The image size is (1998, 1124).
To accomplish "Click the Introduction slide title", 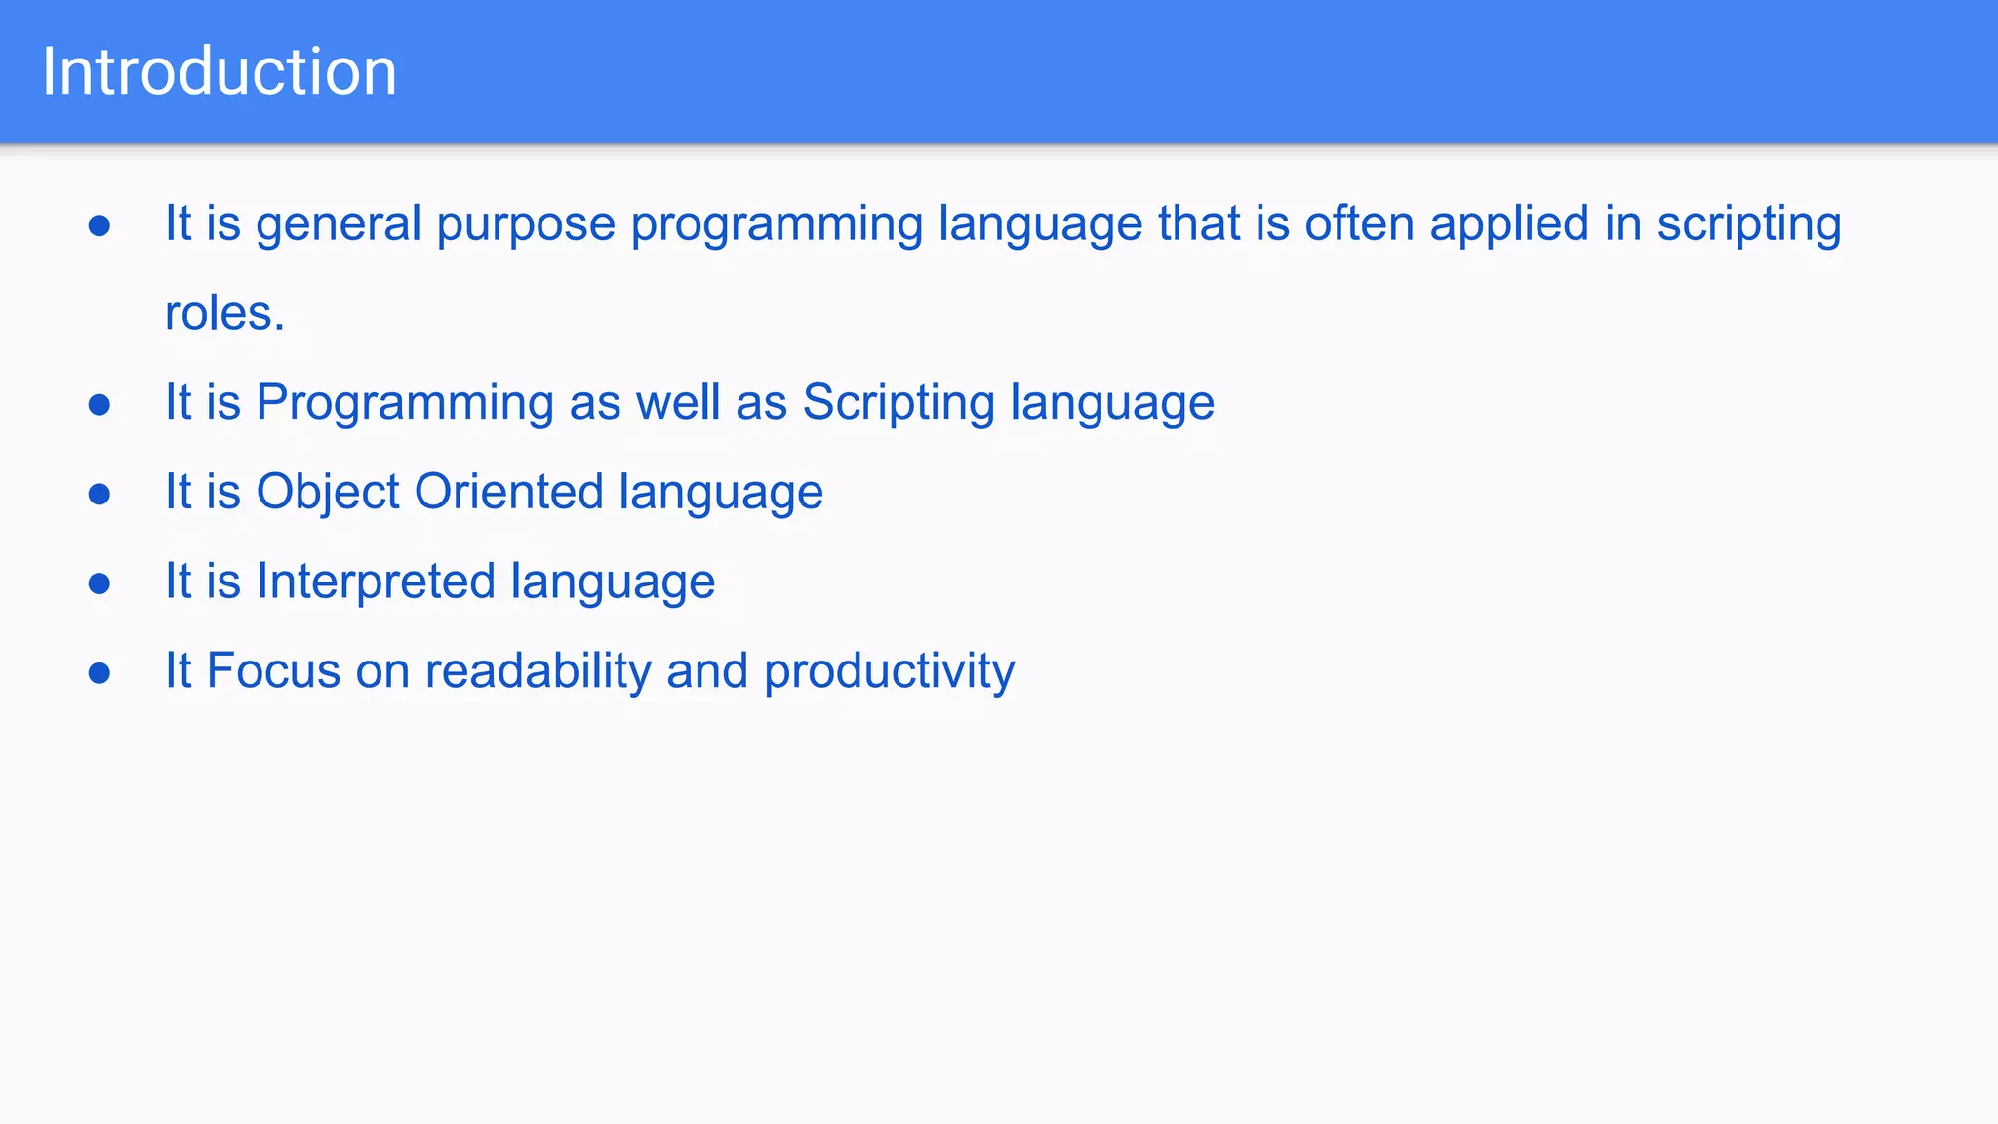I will click(x=220, y=71).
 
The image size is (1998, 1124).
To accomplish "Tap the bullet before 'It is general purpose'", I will click(x=99, y=226).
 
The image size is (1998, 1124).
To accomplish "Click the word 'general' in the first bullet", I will click(x=338, y=224).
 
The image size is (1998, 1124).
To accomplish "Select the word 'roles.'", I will click(x=224, y=313).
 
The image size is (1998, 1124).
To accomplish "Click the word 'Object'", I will click(x=327, y=493).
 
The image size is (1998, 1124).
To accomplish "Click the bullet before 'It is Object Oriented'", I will click(x=99, y=494).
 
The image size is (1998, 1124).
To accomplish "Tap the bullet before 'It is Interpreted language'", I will click(x=99, y=583).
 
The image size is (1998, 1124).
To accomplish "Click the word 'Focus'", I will click(x=273, y=671).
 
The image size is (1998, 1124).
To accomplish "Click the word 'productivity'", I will click(x=889, y=672).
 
